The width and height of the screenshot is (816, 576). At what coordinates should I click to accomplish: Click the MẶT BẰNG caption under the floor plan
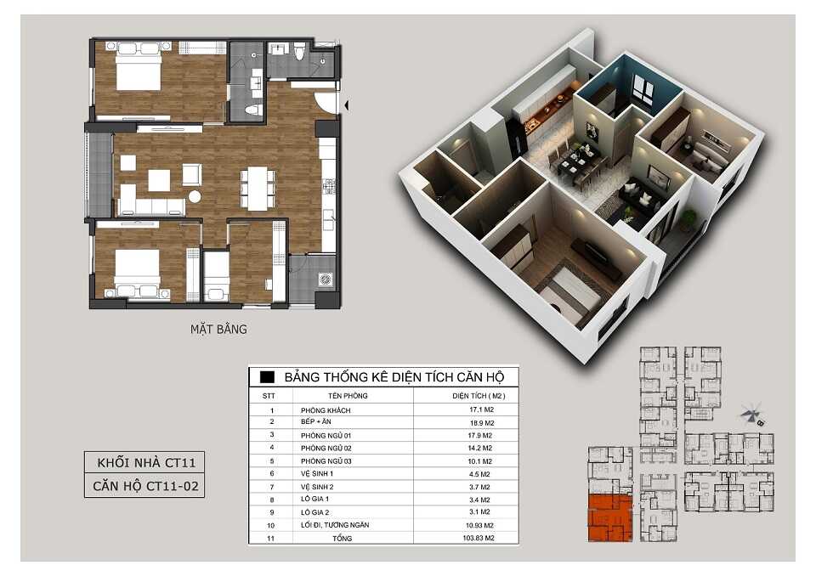218,329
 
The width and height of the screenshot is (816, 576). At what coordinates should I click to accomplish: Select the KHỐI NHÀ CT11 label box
144,462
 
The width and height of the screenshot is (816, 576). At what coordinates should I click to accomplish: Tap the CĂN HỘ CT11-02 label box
144,486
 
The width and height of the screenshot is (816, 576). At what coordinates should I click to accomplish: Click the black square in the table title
267,376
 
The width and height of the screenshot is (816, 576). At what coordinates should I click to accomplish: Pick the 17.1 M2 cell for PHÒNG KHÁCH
481,409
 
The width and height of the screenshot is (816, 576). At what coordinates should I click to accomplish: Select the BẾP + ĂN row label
316,421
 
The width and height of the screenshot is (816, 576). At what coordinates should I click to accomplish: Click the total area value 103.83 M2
479,538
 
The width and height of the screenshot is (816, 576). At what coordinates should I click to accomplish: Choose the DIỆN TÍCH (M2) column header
479,396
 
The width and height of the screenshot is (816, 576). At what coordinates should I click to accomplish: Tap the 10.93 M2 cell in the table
479,526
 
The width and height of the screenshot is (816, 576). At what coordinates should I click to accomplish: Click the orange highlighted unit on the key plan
610,517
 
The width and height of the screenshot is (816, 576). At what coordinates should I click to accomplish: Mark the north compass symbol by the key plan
751,415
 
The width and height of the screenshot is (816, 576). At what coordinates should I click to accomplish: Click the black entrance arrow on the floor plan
346,105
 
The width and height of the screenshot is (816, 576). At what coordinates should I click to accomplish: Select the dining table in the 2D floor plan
258,188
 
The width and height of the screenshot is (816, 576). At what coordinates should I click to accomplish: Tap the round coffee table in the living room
195,196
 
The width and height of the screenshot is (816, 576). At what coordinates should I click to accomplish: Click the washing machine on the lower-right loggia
326,280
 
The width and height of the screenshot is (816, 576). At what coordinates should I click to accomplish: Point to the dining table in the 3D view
579,166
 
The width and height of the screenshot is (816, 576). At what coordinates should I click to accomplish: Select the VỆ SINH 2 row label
317,487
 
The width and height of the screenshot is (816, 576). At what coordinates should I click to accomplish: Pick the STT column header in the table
269,396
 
